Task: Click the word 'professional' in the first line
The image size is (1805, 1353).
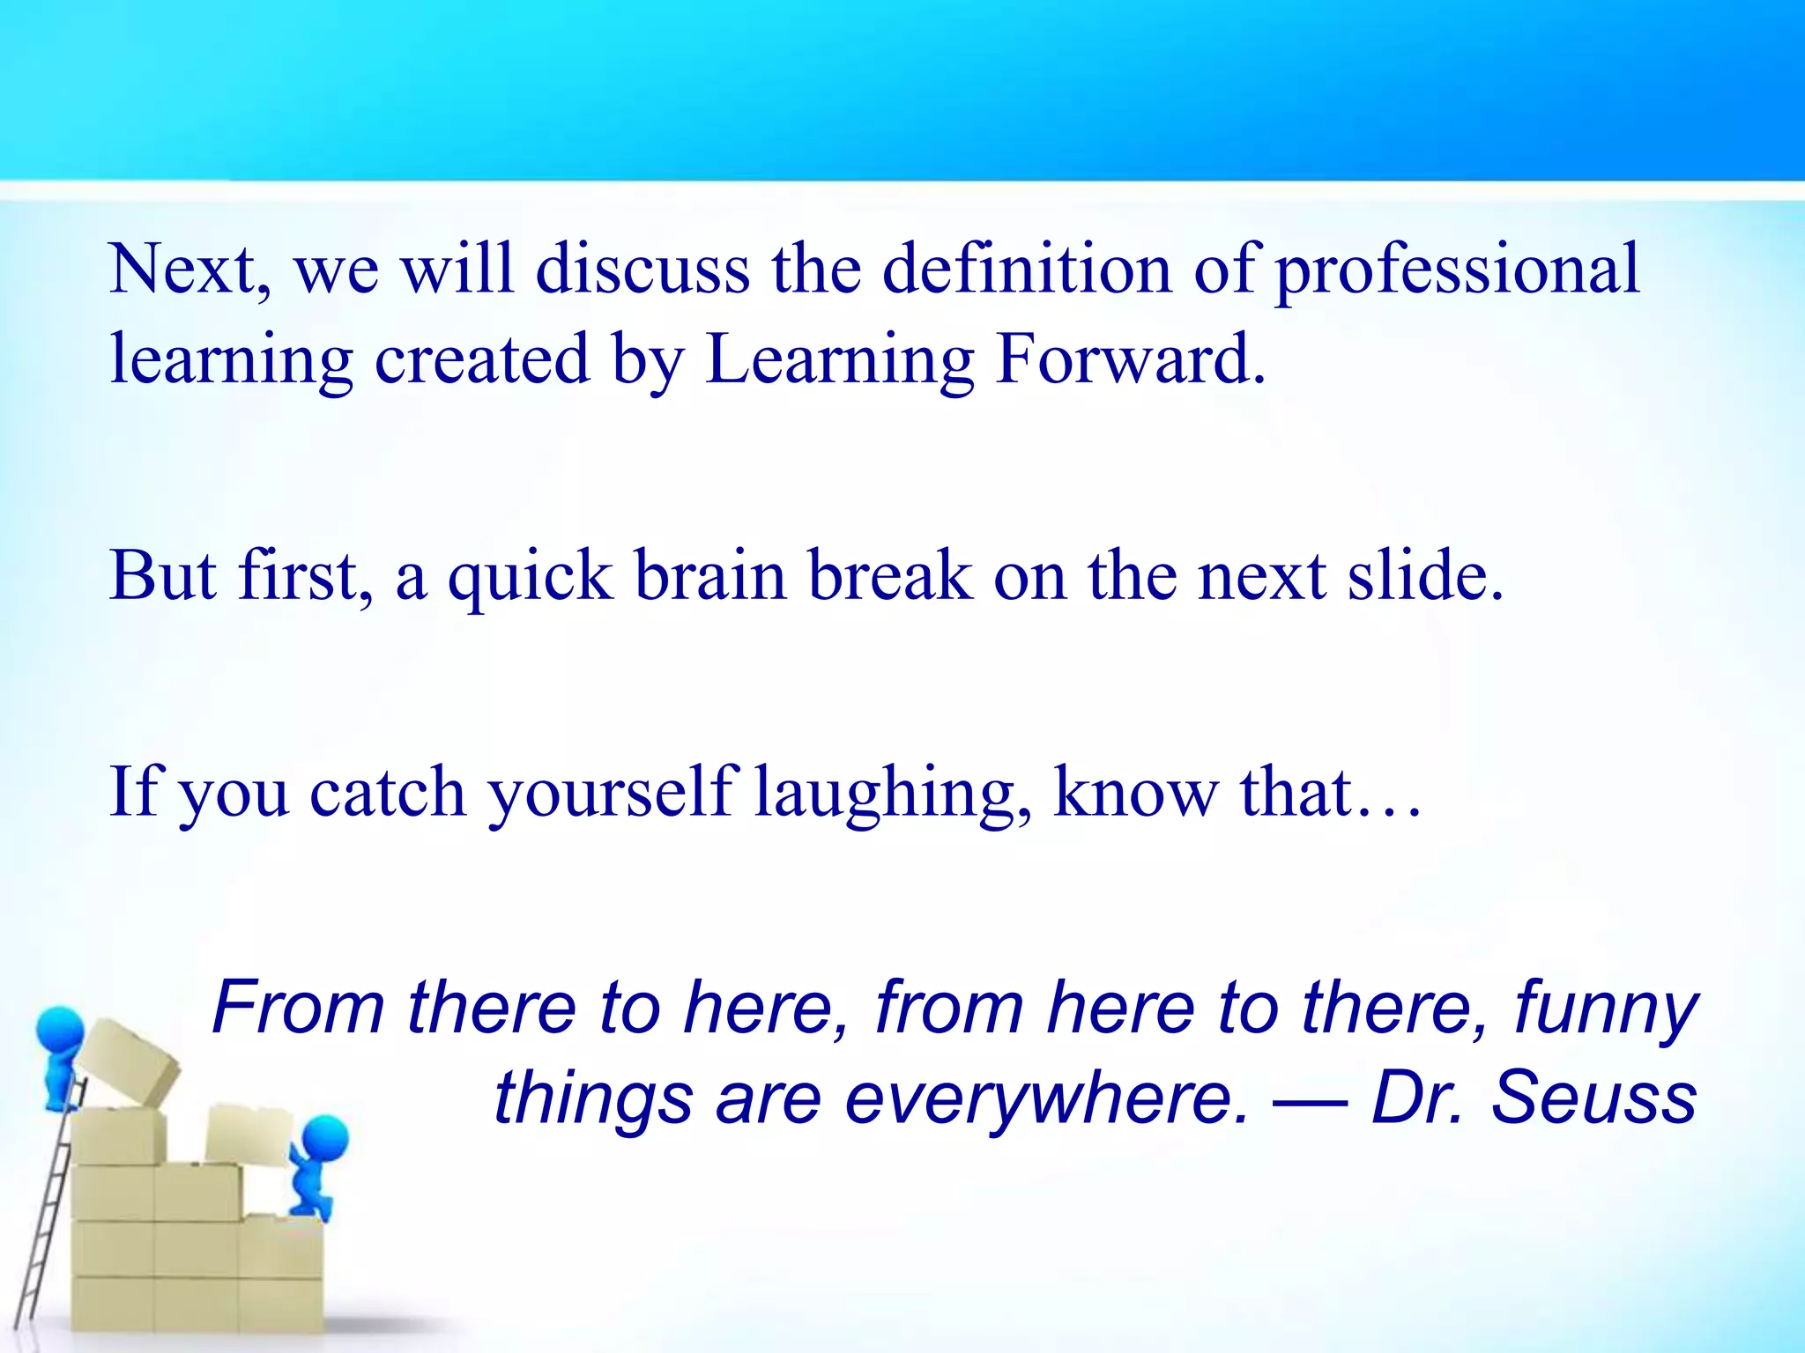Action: (1458, 271)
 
